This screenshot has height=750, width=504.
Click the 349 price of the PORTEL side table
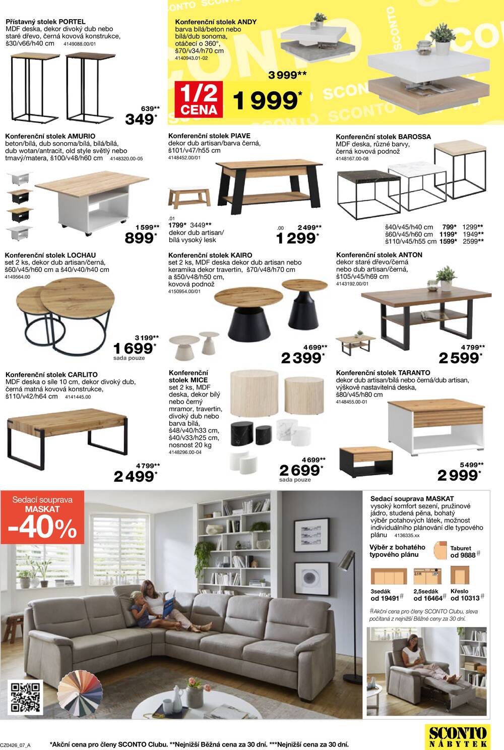click(x=140, y=120)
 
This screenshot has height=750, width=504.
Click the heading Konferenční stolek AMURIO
click(x=50, y=136)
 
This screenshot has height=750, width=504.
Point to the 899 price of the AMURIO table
click(x=139, y=238)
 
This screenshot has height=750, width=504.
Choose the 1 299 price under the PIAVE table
click(x=296, y=238)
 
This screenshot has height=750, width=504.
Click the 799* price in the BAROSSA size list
click(x=449, y=227)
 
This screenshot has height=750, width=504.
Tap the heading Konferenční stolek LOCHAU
click(x=50, y=255)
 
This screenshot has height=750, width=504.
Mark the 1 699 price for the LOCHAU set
click(x=133, y=348)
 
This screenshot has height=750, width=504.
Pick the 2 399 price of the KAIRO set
click(x=301, y=358)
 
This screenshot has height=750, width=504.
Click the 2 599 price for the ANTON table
click(x=459, y=358)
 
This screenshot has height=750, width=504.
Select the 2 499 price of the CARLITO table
click(x=134, y=476)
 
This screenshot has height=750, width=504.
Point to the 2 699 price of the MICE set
click(x=299, y=470)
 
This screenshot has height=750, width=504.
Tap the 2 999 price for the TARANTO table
click(x=458, y=475)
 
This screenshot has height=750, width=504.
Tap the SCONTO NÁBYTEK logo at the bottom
click(x=458, y=736)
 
